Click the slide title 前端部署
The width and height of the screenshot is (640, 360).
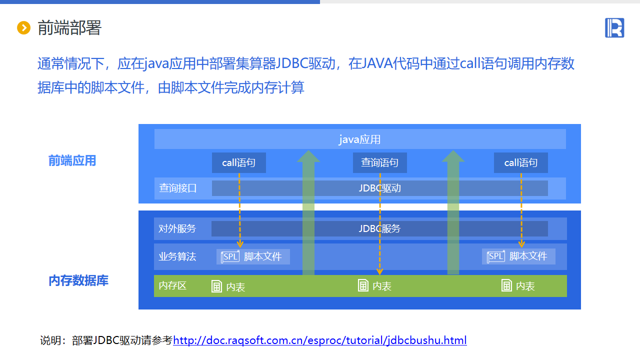[x=69, y=28]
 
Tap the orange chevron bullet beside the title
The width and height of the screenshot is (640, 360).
[x=24, y=28]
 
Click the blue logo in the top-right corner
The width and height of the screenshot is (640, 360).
[x=614, y=27]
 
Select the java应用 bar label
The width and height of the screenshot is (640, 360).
[x=360, y=139]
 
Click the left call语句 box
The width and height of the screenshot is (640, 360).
[x=239, y=163]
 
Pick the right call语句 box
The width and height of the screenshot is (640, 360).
[x=521, y=163]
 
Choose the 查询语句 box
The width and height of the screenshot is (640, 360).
[x=380, y=163]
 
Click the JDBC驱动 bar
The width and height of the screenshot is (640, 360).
[x=380, y=188]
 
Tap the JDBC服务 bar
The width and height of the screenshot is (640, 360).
[x=379, y=228]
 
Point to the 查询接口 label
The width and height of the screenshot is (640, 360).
[x=178, y=188]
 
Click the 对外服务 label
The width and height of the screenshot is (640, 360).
[x=177, y=228]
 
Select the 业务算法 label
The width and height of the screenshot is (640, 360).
[x=177, y=256]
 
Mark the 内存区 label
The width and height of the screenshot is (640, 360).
[x=172, y=285]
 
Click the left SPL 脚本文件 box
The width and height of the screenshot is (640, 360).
[x=253, y=256]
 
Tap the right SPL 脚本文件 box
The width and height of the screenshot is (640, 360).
[x=518, y=256]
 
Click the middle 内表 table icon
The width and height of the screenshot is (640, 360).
[x=363, y=285]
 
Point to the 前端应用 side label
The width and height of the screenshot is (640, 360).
[x=72, y=161]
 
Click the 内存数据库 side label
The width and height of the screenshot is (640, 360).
[x=78, y=280]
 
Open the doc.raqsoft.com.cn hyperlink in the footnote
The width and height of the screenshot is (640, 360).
[x=320, y=340]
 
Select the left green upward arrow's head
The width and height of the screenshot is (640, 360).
[x=308, y=156]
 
